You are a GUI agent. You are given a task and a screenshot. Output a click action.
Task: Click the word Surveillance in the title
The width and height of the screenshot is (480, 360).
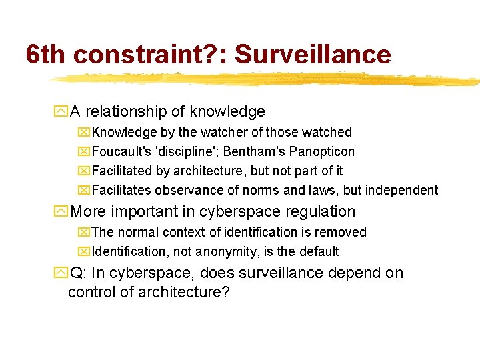pyautogui.click(x=313, y=54)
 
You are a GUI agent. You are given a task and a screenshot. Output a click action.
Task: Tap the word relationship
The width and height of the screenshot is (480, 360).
pyautogui.click(x=135, y=111)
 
